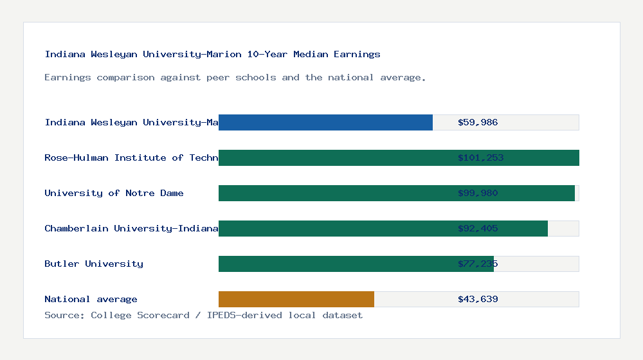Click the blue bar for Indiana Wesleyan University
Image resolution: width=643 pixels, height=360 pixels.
coord(325,122)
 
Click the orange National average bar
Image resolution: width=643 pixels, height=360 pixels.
coord(296,299)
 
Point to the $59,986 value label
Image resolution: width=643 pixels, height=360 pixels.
coord(478,122)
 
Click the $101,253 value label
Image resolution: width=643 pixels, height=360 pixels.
coord(480,157)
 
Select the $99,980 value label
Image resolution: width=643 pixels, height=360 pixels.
coord(478,193)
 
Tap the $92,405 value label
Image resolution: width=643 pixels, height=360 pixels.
coord(478,228)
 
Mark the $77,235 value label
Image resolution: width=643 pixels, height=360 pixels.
coord(478,264)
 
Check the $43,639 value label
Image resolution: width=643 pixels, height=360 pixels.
coord(478,299)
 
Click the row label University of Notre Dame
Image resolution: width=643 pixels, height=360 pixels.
coord(114,193)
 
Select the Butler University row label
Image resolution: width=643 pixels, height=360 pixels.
coord(94,264)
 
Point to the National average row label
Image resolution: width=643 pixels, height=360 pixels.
coord(91,299)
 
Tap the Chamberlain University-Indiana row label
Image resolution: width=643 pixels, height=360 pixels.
coord(131,228)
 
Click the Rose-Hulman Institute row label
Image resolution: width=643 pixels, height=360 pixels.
coord(131,157)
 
